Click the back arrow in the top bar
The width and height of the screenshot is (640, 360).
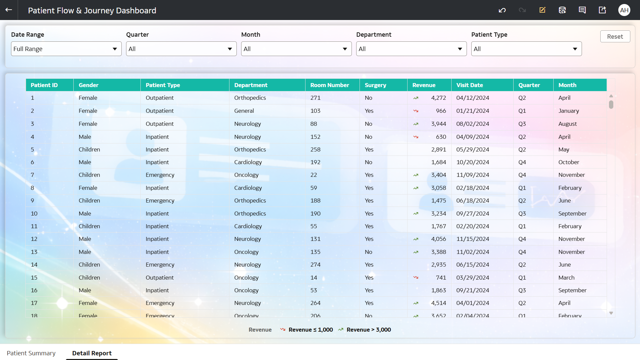[9, 10]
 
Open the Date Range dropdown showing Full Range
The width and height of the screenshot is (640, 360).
[66, 49]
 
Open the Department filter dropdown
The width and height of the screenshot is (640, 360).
[411, 49]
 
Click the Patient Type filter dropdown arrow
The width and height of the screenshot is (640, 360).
[575, 49]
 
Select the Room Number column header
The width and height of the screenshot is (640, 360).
[330, 85]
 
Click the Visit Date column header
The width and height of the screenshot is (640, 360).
[469, 85]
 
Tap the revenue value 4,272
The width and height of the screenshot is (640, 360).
[438, 98]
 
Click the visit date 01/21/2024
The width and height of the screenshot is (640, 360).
[472, 111]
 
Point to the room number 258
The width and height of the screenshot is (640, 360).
[315, 149]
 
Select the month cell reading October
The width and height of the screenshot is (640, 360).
[568, 162]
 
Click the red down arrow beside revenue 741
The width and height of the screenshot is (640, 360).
[416, 278]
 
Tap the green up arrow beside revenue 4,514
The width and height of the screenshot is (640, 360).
[416, 303]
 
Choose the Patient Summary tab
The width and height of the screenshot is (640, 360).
[31, 353]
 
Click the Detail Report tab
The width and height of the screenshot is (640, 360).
[92, 353]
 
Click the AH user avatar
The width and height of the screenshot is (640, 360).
[624, 10]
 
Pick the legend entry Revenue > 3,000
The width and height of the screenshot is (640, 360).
[368, 330]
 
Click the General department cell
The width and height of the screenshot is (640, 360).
[244, 111]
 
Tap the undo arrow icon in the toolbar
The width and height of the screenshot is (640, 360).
[502, 10]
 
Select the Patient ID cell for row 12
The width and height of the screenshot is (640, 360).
[34, 239]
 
